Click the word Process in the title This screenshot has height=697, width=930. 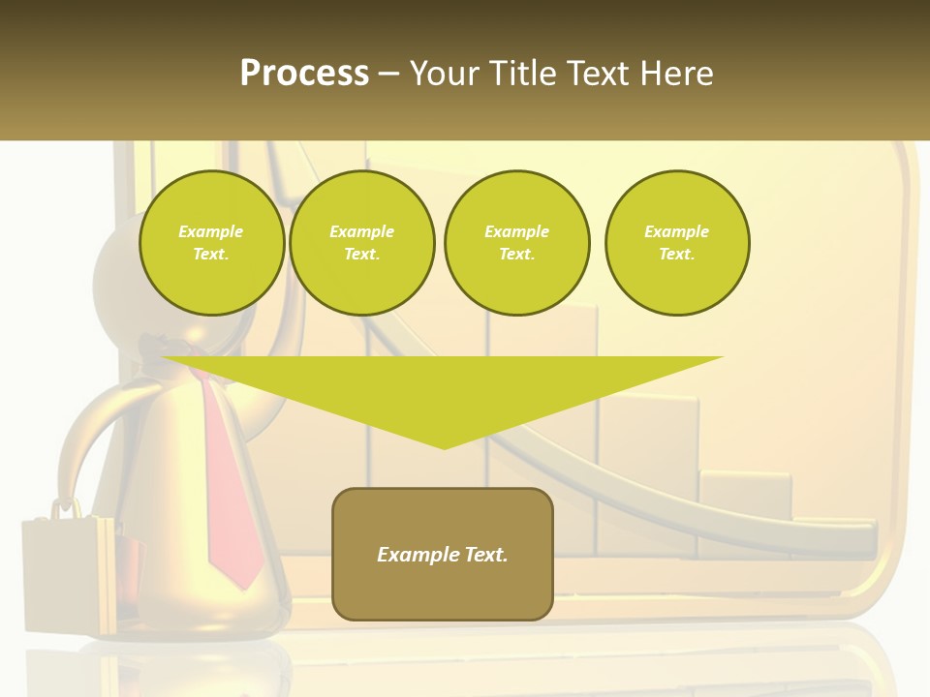tap(304, 74)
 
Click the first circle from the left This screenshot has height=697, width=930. tap(211, 243)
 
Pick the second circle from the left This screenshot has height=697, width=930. tap(361, 243)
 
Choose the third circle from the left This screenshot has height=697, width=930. tap(516, 243)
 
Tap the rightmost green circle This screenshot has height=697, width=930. tap(676, 243)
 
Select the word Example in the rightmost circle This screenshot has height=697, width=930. tap(676, 231)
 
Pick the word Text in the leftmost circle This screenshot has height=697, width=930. tap(211, 255)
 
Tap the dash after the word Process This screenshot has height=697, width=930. tap(388, 74)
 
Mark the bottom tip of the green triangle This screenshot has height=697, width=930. tap(444, 447)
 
